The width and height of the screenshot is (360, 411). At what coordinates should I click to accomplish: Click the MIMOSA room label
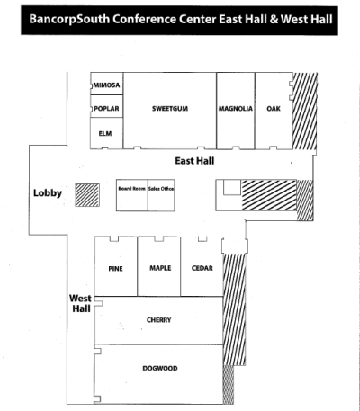(106, 85)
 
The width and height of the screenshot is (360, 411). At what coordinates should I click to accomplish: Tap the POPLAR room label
(106, 108)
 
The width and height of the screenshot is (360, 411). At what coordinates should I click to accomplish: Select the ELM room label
(105, 134)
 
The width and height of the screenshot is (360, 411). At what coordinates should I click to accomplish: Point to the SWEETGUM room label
(170, 109)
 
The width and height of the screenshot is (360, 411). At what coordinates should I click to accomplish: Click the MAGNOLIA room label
(236, 109)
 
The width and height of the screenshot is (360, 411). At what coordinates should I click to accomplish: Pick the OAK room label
(274, 109)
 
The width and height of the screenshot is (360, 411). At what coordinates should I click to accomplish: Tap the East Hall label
(194, 161)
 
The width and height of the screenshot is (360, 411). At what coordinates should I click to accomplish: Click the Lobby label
(48, 193)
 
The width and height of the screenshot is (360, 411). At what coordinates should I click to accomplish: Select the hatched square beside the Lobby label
(87, 195)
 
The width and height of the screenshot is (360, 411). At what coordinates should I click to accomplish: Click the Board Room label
(132, 189)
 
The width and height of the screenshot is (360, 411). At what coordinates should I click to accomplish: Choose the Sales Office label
(161, 189)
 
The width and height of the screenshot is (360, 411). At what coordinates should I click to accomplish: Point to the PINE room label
(116, 269)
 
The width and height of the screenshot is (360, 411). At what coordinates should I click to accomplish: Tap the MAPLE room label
(160, 268)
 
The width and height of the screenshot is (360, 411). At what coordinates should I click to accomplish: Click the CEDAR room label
(202, 268)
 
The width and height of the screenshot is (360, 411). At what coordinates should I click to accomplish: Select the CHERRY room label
(159, 320)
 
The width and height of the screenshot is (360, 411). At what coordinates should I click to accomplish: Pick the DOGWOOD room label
(160, 368)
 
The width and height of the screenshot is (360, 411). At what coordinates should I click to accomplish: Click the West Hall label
(80, 303)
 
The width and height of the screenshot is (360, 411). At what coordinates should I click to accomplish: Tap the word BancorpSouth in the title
(69, 19)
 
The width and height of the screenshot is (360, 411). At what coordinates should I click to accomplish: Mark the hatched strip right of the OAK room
(305, 112)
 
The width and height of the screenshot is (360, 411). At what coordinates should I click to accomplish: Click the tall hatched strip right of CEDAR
(234, 309)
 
